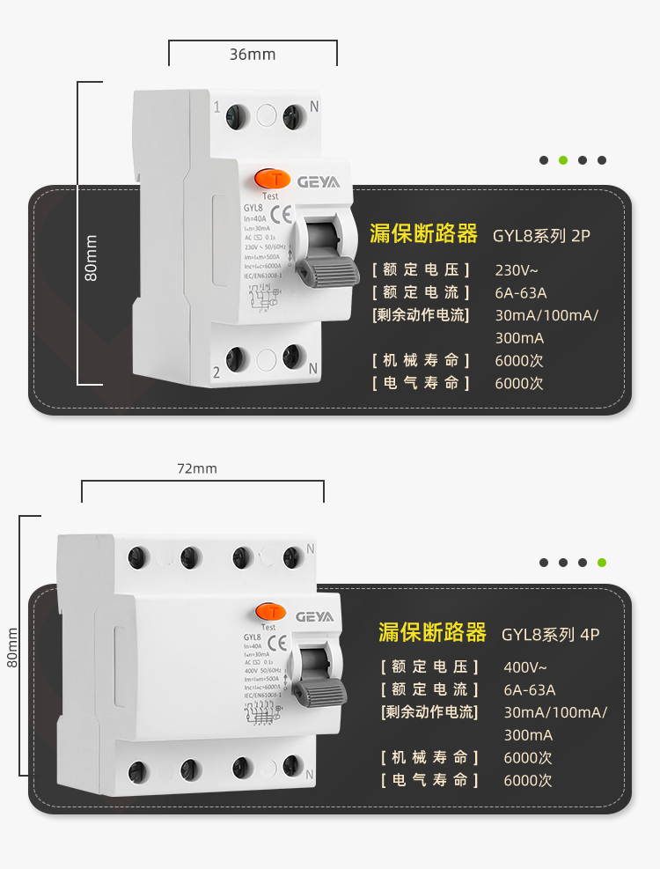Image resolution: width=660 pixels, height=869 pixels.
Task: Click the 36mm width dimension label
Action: click(x=253, y=55)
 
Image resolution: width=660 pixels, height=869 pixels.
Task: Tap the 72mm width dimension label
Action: click(x=197, y=468)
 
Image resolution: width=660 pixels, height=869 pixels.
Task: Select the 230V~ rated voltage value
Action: click(x=517, y=269)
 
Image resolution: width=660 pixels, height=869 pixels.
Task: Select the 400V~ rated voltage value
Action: click(x=525, y=666)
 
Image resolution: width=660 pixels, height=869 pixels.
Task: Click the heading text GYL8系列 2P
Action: click(x=541, y=235)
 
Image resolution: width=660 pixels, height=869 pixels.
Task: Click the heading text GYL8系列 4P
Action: click(x=551, y=634)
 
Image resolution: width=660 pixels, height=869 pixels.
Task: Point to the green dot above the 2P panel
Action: click(x=563, y=160)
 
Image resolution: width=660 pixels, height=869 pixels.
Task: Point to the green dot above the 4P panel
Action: click(x=602, y=562)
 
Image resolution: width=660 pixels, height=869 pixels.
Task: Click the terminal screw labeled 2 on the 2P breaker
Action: click(x=236, y=358)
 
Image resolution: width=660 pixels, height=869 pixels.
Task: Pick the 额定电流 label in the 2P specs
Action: click(x=421, y=292)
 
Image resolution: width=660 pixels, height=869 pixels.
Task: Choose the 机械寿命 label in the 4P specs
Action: click(x=429, y=757)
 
